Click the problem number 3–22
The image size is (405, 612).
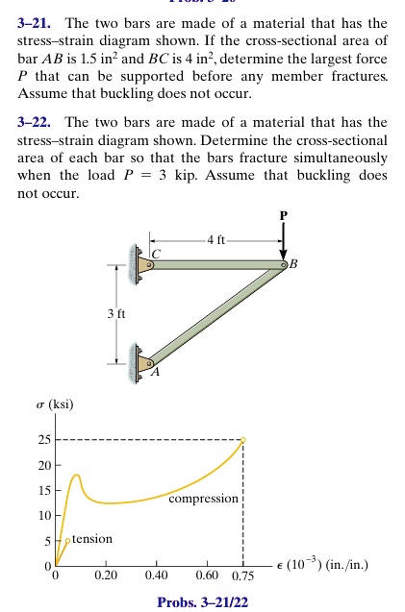35,124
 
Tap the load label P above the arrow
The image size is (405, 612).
284,216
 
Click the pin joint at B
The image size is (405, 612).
284,263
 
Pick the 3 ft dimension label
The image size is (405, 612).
116,313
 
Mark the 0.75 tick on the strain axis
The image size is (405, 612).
242,576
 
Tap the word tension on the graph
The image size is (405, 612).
92,539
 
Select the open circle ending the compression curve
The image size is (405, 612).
242,440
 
